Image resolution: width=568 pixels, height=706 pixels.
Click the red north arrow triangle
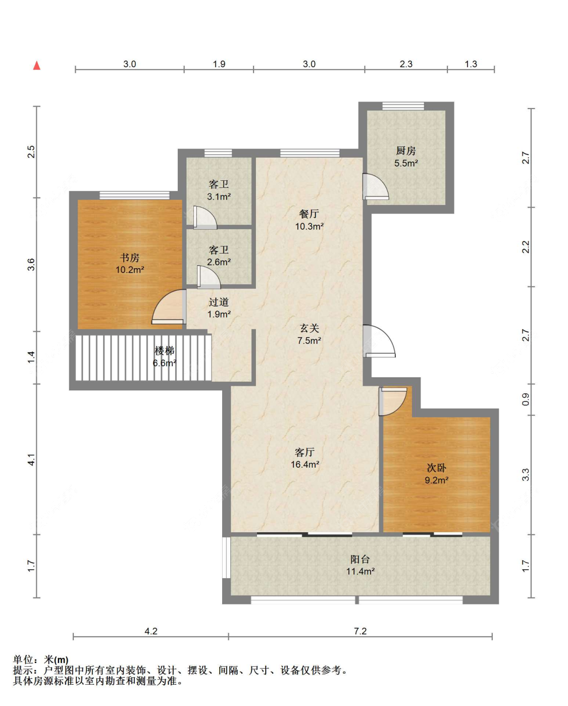pos(37,66)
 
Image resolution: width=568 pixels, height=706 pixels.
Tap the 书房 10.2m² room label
pos(130,264)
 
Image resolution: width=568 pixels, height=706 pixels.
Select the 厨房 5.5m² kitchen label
pos(406,157)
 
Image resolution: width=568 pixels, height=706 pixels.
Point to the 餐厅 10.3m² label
pos(309,220)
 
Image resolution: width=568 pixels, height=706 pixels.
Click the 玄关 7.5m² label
pos(309,334)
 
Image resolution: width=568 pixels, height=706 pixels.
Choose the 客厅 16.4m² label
pos(305,458)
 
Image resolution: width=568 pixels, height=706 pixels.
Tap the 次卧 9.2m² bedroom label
pos(437,474)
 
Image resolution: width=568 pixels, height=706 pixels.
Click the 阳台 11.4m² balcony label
pos(360,565)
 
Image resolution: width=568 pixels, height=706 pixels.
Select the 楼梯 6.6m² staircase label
pos(164,357)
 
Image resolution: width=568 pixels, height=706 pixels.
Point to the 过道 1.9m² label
pos(219,308)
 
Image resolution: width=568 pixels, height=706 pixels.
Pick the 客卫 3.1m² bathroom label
pos(219,190)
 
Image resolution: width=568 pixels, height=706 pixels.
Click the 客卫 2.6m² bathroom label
pos(219,256)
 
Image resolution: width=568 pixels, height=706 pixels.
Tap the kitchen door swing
pos(376,186)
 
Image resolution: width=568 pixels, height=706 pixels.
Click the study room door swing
pos(169,307)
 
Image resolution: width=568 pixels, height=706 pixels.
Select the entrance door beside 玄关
pos(379,341)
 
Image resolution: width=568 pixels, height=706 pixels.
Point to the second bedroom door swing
pos(393,401)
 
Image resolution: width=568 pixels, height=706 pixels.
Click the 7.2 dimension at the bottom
pos(360,631)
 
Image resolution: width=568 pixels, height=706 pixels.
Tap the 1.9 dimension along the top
pos(219,64)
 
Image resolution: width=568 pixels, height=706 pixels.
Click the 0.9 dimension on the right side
pos(526,399)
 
